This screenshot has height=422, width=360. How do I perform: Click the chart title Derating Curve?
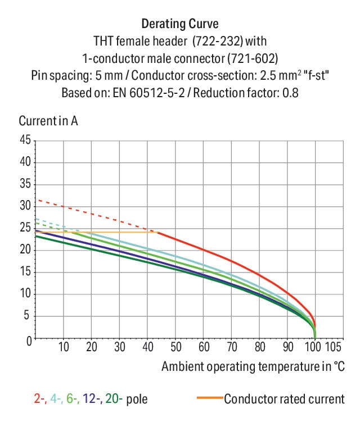click(x=179, y=24)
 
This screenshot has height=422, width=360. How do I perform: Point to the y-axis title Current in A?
click(x=48, y=121)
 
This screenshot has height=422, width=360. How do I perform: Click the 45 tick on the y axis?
click(x=25, y=140)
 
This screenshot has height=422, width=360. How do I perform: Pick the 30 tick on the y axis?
click(x=25, y=206)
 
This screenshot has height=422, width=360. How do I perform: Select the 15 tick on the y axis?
click(x=25, y=272)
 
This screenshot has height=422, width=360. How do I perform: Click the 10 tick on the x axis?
click(x=64, y=346)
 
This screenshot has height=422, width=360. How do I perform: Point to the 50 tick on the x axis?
click(x=175, y=346)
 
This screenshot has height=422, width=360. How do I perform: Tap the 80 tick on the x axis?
click(x=260, y=346)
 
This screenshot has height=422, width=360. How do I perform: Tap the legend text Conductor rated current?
click(x=284, y=400)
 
